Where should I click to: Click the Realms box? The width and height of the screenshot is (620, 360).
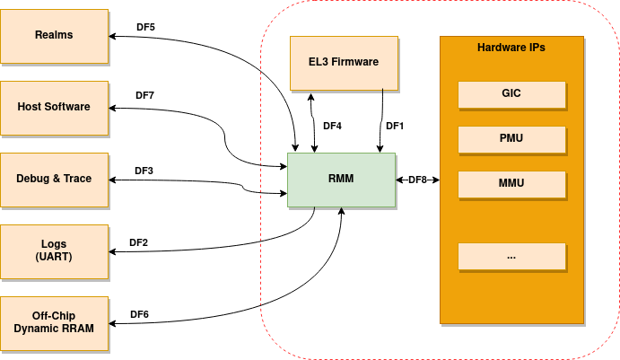click(x=54, y=35)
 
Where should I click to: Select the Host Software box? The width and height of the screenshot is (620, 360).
click(x=54, y=107)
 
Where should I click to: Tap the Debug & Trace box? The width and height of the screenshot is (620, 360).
click(x=54, y=179)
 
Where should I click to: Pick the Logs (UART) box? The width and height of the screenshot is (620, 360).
click(x=54, y=250)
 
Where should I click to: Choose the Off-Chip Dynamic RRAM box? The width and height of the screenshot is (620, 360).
click(x=54, y=322)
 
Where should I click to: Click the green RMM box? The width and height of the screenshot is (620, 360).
click(x=341, y=180)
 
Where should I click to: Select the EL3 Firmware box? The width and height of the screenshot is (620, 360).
click(x=344, y=63)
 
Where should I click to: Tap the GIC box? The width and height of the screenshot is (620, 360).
click(x=511, y=93)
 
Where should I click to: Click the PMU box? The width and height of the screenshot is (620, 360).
click(x=511, y=139)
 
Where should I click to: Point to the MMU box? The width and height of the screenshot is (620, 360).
click(x=511, y=184)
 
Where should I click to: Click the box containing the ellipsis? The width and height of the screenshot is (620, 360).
click(x=511, y=257)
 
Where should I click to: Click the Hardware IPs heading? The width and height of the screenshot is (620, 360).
click(x=511, y=48)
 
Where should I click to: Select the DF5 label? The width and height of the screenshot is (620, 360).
click(x=145, y=28)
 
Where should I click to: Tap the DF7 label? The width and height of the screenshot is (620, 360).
click(x=145, y=95)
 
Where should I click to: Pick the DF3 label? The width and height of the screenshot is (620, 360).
click(x=144, y=171)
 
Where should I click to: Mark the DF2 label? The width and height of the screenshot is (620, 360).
click(x=138, y=242)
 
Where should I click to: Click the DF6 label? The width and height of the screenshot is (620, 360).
click(x=139, y=314)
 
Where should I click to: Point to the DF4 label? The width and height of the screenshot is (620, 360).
click(x=332, y=127)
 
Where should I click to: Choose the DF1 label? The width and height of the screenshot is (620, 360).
click(x=395, y=127)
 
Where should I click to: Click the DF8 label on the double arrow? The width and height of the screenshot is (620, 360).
click(x=417, y=180)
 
